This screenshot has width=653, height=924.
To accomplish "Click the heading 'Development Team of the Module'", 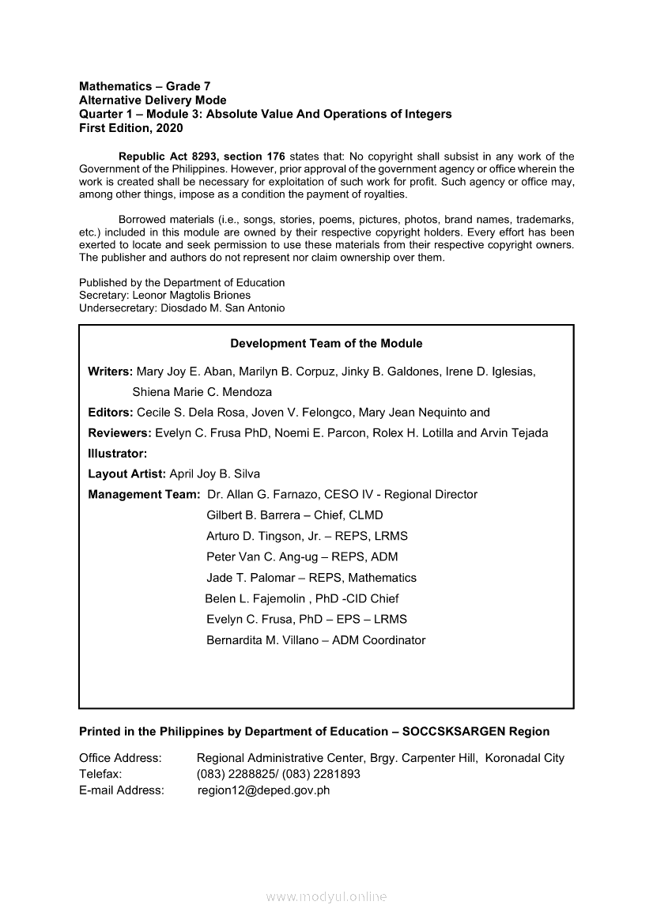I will (x=326, y=344).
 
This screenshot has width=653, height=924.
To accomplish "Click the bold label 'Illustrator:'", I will (x=118, y=454).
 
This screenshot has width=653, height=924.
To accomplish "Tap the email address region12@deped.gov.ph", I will (x=263, y=790).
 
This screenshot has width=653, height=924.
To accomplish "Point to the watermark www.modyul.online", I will (x=326, y=897).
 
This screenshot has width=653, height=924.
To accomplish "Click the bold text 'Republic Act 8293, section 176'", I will (x=202, y=157).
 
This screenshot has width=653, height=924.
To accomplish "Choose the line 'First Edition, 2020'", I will (x=130, y=128).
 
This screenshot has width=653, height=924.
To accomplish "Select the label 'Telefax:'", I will (x=100, y=774).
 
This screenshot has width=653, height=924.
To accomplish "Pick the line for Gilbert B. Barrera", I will (x=294, y=515).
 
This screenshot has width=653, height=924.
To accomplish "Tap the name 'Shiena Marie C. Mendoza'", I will (x=202, y=392).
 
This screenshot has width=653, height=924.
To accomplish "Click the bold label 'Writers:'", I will (x=111, y=371).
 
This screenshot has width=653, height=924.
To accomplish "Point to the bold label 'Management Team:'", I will (x=144, y=495).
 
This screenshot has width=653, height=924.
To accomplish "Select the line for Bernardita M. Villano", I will (x=315, y=640).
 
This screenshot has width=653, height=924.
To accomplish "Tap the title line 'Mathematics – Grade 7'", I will (x=145, y=85).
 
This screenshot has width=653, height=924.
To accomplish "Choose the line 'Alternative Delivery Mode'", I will (x=153, y=100).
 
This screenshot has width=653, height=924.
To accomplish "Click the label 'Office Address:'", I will (x=120, y=758).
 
